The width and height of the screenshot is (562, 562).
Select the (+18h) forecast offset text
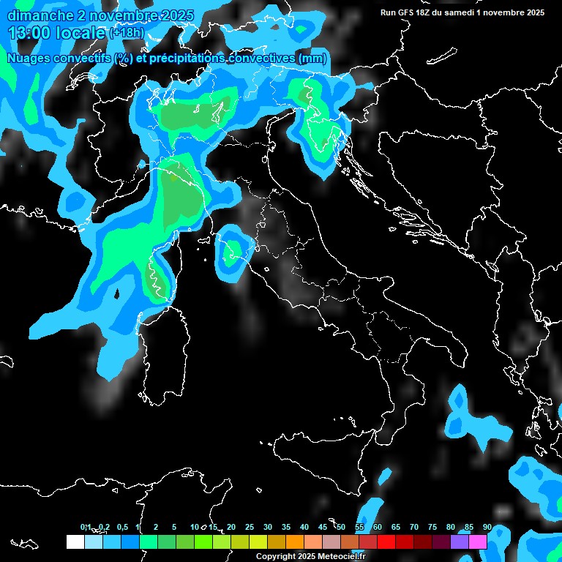[127, 34]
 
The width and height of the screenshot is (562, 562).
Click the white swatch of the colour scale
[75, 542]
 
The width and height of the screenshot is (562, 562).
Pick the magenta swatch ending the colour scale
[478, 542]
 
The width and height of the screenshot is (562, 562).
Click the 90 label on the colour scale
[487, 527]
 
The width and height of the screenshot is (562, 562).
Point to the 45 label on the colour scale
[323, 527]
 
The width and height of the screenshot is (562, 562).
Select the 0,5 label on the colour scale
[122, 527]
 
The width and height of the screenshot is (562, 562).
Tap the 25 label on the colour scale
[250, 527]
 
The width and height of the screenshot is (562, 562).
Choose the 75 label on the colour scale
[432, 527]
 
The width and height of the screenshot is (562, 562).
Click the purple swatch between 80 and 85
[460, 542]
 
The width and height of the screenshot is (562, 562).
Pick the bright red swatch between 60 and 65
[386, 542]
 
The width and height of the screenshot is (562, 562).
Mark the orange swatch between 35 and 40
[295, 542]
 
